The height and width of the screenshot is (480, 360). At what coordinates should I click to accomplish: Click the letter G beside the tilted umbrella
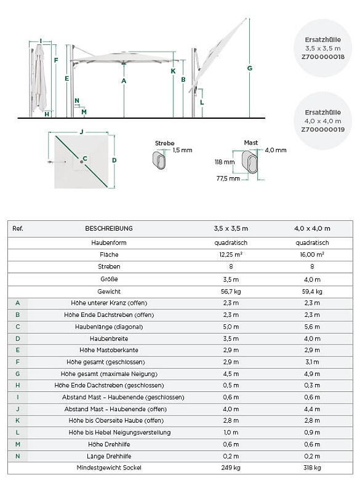250,68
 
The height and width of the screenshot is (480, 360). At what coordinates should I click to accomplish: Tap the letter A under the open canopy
124,81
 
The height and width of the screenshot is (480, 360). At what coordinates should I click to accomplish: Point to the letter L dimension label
202,102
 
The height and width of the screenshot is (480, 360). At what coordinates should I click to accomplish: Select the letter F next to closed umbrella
56,60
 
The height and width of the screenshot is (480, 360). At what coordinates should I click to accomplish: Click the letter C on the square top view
85,158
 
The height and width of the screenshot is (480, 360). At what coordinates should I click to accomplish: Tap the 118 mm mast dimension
225,162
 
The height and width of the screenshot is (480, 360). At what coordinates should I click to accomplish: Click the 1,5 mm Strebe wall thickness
182,150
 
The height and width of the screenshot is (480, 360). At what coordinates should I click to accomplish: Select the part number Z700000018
323,57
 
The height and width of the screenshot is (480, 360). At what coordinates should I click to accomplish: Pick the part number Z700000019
323,129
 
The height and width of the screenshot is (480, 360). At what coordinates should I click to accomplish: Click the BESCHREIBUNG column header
109,228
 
